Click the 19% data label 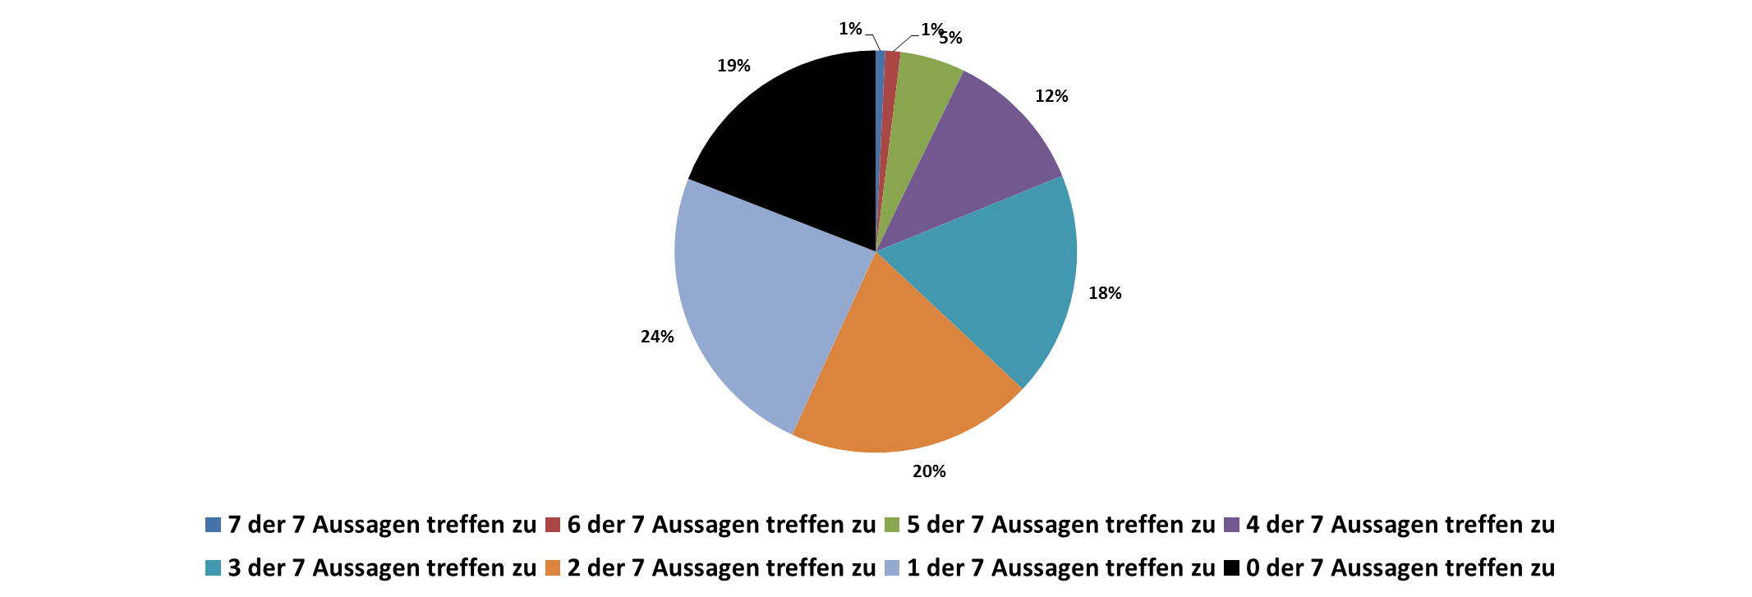point(733,66)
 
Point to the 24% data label point(657,337)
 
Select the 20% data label point(929,471)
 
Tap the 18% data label point(1105,293)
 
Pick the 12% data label point(1051,96)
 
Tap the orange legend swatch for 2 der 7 point(553,568)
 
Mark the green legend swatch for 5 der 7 point(892,525)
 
